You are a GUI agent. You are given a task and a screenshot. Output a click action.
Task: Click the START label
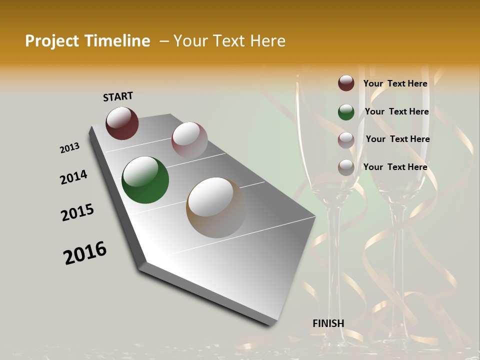point(118,96)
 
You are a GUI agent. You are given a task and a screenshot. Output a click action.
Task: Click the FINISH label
point(328,323)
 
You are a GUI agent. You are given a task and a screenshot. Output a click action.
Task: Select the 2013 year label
point(70,148)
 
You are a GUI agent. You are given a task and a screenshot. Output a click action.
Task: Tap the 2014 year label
point(74,177)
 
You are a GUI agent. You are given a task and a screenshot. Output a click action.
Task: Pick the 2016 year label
point(85,253)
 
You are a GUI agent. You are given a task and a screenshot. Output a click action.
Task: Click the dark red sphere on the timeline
point(122,123)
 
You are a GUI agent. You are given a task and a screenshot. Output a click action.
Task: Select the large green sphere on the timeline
point(145,180)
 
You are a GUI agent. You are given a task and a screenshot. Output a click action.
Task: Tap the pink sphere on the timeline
point(189,139)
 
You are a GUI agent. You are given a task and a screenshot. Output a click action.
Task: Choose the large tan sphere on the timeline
point(216,207)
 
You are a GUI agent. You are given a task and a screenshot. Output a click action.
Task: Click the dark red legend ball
point(346,83)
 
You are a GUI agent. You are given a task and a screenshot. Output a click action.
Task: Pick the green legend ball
point(346,112)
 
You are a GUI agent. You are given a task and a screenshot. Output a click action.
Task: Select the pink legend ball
point(346,140)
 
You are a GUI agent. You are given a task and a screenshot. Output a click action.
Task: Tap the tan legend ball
point(346,167)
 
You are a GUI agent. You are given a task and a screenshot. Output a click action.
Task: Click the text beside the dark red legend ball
point(395,83)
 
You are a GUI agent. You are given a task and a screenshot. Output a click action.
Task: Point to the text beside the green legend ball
point(397,111)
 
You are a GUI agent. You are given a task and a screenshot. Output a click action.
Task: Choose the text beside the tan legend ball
point(395,167)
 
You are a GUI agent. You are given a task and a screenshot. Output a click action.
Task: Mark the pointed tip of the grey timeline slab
point(272,324)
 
